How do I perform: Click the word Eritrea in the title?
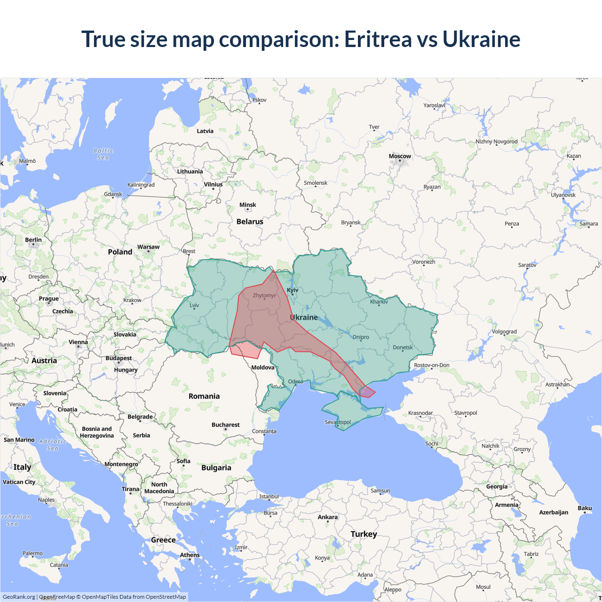click(x=378, y=39)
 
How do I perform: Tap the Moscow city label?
click(x=400, y=156)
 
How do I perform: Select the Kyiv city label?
click(x=293, y=290)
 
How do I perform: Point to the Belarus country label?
click(x=250, y=222)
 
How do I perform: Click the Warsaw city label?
click(x=148, y=247)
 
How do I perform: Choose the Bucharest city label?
click(x=225, y=425)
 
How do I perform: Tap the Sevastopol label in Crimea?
click(x=338, y=422)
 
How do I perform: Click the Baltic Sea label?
click(x=103, y=154)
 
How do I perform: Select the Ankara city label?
click(x=327, y=517)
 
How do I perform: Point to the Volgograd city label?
click(x=504, y=332)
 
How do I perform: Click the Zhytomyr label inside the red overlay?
click(x=264, y=295)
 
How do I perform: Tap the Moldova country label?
click(x=262, y=367)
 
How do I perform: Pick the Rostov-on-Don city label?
click(x=432, y=365)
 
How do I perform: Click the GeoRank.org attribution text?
click(x=19, y=597)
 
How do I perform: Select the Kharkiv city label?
click(x=379, y=301)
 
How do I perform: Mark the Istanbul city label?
click(x=269, y=496)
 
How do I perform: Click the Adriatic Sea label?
click(x=53, y=445)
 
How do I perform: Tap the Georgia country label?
click(x=497, y=486)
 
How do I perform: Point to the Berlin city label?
click(x=33, y=240)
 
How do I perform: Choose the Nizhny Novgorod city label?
click(x=496, y=142)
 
